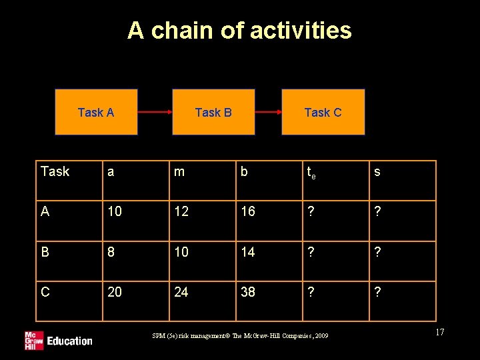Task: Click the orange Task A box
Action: click(96, 112)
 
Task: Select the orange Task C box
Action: click(323, 112)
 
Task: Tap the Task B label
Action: click(213, 112)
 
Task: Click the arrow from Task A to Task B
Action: click(155, 112)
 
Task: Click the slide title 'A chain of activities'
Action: click(239, 31)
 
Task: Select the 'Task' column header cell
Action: click(55, 172)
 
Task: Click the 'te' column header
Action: click(311, 173)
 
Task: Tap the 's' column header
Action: click(377, 172)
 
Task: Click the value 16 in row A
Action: click(248, 212)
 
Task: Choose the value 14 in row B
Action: click(248, 252)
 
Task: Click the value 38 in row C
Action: click(248, 292)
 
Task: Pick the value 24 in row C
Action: click(181, 292)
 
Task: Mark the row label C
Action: click(45, 292)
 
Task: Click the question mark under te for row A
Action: click(310, 212)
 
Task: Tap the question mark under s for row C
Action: click(377, 292)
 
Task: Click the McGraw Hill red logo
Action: click(34, 339)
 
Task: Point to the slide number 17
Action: click(439, 332)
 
